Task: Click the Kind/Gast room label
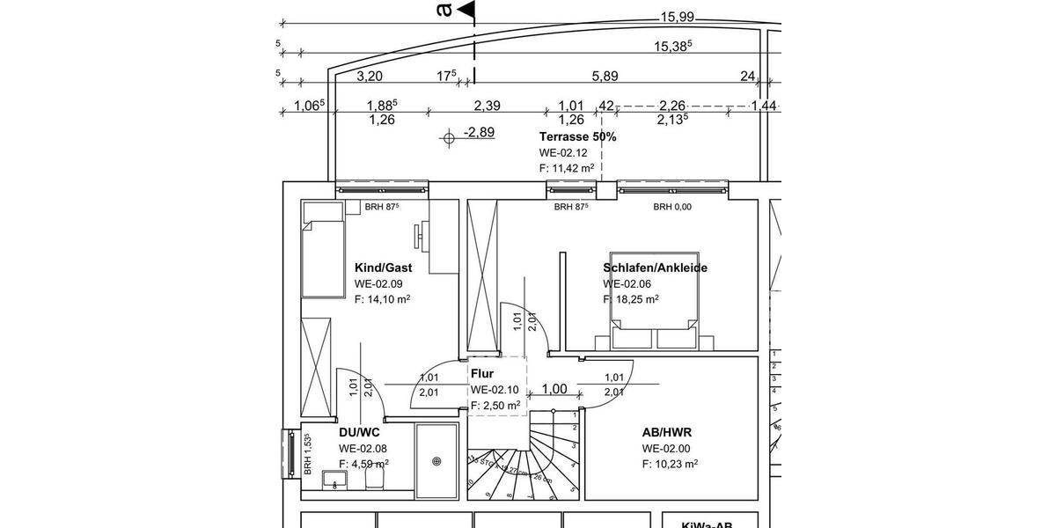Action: tap(383, 267)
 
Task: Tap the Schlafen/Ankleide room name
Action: tap(656, 268)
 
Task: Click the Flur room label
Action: tap(482, 373)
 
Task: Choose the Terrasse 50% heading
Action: tap(577, 136)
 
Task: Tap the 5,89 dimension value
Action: tap(605, 77)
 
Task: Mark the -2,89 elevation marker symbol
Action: tap(450, 136)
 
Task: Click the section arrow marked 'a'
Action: tap(465, 10)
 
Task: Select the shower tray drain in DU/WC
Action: tap(436, 459)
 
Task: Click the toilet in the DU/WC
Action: tap(374, 480)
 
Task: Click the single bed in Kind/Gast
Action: tap(322, 249)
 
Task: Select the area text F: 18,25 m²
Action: tap(631, 299)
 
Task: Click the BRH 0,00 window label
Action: tap(673, 207)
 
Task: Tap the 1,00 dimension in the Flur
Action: tap(554, 389)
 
